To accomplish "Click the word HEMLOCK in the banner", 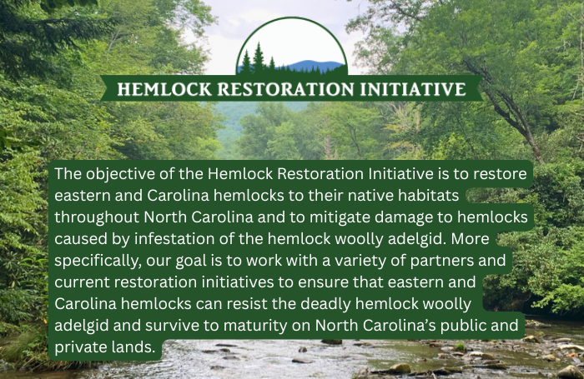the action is point(164,89).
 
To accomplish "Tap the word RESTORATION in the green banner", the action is point(285,89).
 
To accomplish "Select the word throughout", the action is point(97,217).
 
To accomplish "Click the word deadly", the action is point(325,304).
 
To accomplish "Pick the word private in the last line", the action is point(76,347).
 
